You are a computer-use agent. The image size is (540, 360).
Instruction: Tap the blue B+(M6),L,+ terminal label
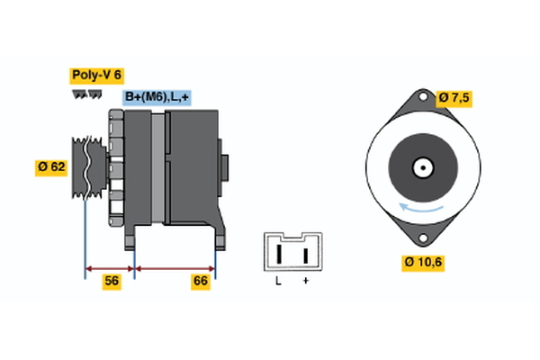click(x=157, y=97)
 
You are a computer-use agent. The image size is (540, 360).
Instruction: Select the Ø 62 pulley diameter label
click(x=52, y=166)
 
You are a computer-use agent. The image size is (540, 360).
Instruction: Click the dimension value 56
click(x=112, y=282)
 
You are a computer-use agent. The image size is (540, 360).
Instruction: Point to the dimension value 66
click(x=202, y=282)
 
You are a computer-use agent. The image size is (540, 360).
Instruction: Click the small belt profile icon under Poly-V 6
click(x=86, y=93)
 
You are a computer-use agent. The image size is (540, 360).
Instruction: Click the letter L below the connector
click(x=279, y=282)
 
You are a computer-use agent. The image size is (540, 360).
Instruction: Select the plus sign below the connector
click(x=306, y=282)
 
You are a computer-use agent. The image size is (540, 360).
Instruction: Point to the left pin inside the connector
click(x=279, y=254)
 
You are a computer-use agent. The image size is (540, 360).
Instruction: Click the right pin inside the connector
click(x=306, y=254)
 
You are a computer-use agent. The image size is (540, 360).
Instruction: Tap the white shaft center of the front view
click(x=420, y=167)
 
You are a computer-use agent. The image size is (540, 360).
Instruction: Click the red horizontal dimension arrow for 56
click(x=109, y=267)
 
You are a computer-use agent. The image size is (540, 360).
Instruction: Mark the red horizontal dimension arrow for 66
click(x=175, y=267)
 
